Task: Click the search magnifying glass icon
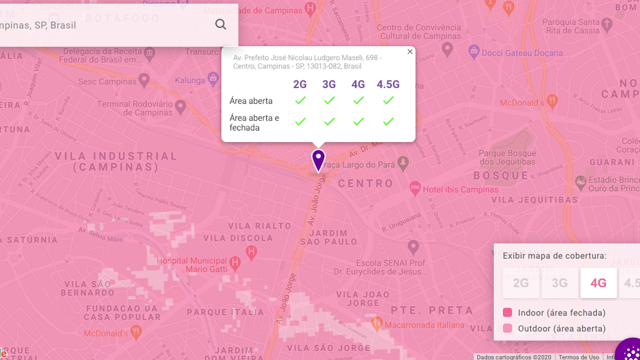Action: point(221,25)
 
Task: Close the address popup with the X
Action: point(410,52)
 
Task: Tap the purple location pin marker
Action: point(318,160)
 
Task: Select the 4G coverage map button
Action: point(598,283)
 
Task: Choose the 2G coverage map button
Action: point(520,283)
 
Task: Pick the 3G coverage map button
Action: point(560,283)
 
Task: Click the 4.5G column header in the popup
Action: point(388,84)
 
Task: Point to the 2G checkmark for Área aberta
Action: point(300,101)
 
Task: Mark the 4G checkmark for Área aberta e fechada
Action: point(358,121)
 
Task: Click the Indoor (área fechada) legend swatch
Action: point(508,312)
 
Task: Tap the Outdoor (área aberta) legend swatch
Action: point(508,328)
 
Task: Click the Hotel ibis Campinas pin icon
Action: point(415,188)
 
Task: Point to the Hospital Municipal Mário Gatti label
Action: point(191,265)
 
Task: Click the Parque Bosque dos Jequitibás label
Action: point(507,158)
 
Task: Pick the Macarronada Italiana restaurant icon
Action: point(377,323)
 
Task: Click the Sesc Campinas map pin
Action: point(144,80)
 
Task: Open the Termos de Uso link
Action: point(579,357)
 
